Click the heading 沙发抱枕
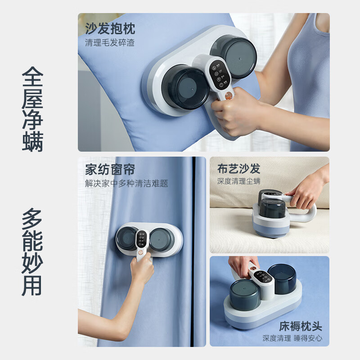[110, 28]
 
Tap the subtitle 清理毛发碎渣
[110, 42]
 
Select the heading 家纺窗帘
[110, 170]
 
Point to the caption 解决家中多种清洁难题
[126, 184]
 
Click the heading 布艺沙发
[239, 169]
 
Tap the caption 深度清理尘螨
[239, 181]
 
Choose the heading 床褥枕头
[301, 326]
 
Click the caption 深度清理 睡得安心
[292, 338]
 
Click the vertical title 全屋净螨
[32, 109]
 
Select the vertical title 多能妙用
[32, 252]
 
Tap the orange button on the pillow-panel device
[229, 95]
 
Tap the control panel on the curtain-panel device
[141, 239]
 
